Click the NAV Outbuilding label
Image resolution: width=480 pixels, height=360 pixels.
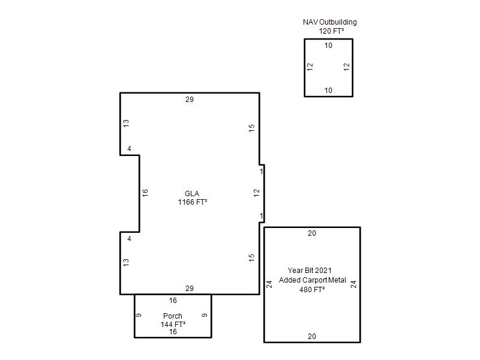coord(329,22)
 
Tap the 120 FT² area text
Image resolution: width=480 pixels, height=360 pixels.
coord(331,31)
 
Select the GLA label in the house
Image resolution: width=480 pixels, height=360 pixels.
coord(192,193)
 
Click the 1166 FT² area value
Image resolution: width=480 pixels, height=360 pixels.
coord(192,202)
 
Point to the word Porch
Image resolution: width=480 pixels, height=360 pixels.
coord(173,316)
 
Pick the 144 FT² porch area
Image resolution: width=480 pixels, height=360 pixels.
coord(173,324)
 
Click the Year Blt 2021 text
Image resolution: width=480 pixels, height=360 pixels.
coord(310,271)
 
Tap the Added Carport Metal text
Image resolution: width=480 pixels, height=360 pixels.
coord(312,280)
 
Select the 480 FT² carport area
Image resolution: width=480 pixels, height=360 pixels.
coord(312,290)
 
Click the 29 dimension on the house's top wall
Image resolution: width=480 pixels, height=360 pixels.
coord(190,100)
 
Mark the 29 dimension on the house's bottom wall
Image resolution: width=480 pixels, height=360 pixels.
coord(190,289)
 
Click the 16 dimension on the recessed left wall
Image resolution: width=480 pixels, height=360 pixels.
coord(145,193)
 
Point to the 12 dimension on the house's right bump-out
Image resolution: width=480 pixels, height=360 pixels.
coord(257,193)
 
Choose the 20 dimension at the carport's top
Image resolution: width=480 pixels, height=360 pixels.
coord(312,233)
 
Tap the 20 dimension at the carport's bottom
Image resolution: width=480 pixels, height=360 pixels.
coord(312,337)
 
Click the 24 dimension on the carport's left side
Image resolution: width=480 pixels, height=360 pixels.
coord(269,284)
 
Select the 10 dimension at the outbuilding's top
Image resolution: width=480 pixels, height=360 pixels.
coord(328,46)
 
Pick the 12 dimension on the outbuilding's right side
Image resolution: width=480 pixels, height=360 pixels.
coord(347,67)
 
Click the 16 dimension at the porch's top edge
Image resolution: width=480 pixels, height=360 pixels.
coord(173,301)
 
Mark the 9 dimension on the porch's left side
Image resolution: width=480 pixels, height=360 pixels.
coord(139,316)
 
